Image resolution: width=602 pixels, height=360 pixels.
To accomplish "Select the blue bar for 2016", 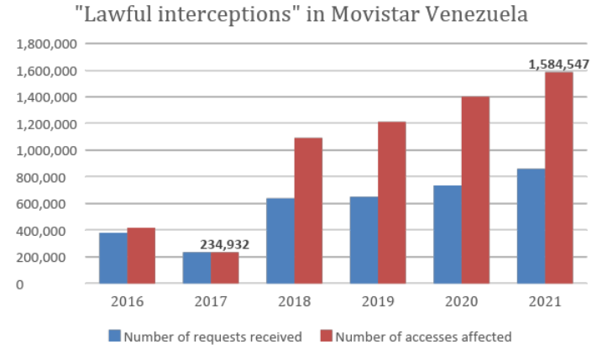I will (x=113, y=258).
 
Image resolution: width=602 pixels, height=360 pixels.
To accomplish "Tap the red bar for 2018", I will (x=308, y=211).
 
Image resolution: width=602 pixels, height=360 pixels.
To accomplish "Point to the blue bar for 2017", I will (x=196, y=268).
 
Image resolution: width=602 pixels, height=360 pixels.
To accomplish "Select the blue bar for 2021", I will (x=531, y=227).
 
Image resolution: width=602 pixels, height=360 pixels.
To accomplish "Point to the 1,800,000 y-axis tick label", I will (x=44, y=44).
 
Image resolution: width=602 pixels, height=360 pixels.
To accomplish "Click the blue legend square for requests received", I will (x=115, y=337).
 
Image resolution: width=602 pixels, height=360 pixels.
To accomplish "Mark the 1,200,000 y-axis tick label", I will (x=44, y=124).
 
